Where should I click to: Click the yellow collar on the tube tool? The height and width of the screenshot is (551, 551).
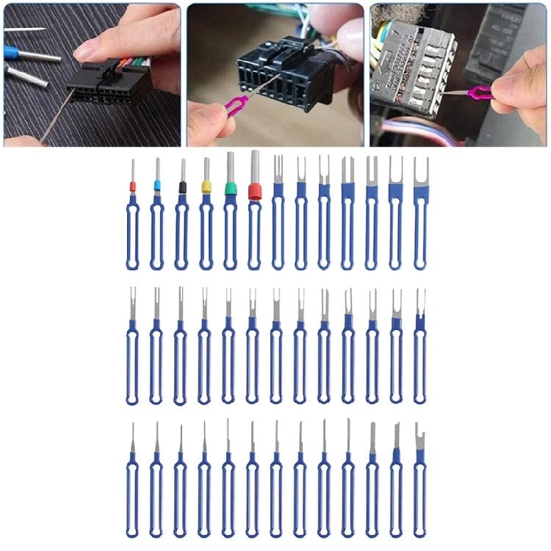point(206,187)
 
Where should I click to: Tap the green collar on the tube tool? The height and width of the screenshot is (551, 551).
point(231,189)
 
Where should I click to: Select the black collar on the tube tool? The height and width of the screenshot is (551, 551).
point(182,187)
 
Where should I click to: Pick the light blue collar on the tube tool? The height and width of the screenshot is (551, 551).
point(157,186)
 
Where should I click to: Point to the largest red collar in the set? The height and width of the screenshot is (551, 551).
point(255,192)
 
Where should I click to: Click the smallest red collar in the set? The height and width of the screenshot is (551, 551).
point(133,187)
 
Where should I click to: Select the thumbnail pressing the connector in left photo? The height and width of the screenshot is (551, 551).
point(87,51)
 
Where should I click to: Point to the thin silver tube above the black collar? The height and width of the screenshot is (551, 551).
point(182,170)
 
